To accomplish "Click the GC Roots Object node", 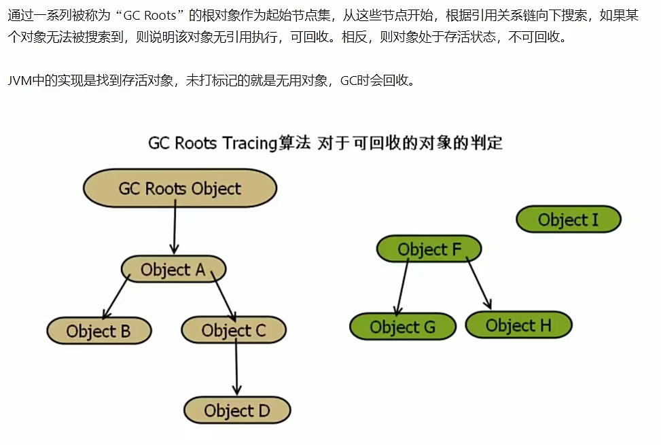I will click(179, 188).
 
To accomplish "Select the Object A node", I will click(173, 269).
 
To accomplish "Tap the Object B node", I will click(99, 332).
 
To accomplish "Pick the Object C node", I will click(233, 331).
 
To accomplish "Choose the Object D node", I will click(236, 410).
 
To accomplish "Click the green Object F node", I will click(429, 249).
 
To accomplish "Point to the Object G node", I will click(402, 327).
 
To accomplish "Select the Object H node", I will click(518, 325).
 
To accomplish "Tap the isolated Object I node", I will click(568, 219).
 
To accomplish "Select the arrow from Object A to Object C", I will click(224, 296).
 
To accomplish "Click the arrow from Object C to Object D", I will click(236, 367).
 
